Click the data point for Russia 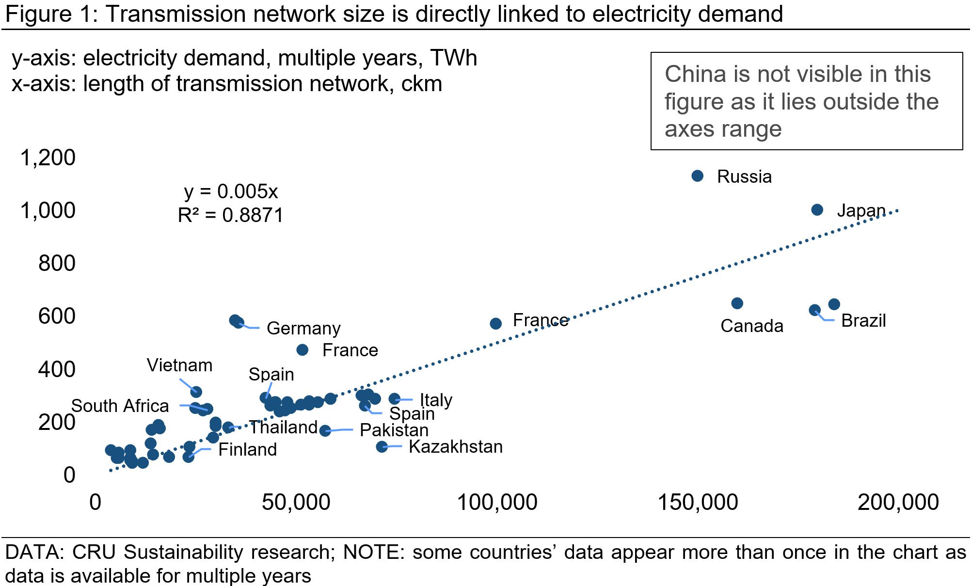697,176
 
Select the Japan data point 817,210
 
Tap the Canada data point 737,303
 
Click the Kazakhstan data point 382,446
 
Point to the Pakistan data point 325,430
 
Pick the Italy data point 395,399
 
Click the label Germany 303,329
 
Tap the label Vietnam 179,365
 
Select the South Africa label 120,406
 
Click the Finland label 247,450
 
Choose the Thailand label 284,428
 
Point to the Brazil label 863,321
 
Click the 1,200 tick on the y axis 48,158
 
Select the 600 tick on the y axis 57,317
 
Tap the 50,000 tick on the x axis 296,503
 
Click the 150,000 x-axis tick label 698,503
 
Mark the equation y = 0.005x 231,192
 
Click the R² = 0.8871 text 231,215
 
